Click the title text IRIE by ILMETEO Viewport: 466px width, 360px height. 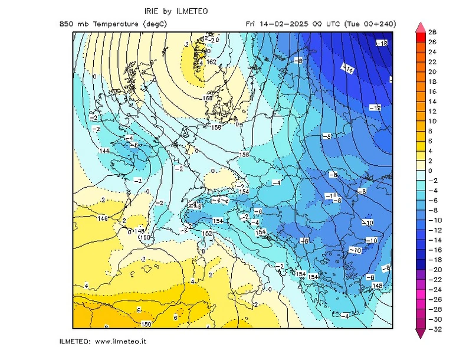click(176, 11)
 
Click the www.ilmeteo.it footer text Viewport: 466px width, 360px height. click(120, 341)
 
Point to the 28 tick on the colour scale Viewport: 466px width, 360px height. click(432, 32)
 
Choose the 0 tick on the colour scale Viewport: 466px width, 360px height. click(431, 171)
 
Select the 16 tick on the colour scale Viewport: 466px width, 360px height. click(432, 91)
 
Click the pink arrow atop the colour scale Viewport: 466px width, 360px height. click(420, 27)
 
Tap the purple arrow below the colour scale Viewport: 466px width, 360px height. click(420, 334)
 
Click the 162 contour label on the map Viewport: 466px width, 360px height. click(213, 61)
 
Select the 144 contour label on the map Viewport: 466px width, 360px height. click(104, 151)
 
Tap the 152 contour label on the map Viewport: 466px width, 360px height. click(207, 234)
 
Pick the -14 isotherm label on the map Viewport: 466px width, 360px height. click(349, 70)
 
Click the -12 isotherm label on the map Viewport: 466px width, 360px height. click(375, 107)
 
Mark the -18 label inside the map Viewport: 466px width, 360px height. click(382, 43)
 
